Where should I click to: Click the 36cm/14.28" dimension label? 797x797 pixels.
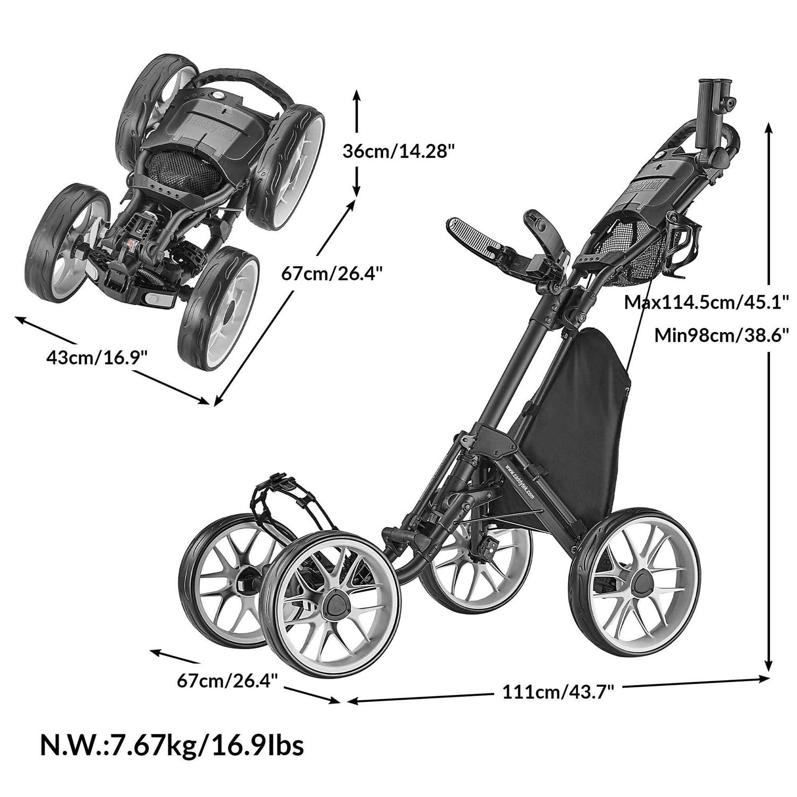(x=398, y=151)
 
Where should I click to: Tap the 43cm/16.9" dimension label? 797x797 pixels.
(x=96, y=357)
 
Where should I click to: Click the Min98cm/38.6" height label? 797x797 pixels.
(x=720, y=336)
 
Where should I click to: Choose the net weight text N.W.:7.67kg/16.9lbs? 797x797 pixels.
(x=172, y=744)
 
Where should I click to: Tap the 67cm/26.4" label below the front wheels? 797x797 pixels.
(x=227, y=680)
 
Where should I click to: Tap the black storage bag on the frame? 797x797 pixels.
(x=579, y=420)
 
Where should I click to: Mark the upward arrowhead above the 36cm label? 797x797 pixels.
(x=357, y=96)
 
